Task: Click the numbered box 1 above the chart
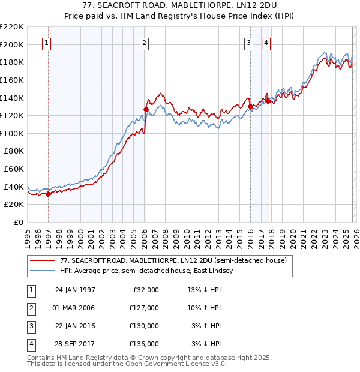click(47, 43)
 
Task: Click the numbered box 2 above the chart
click(145, 43)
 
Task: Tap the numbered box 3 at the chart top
click(249, 43)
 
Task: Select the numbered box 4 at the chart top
click(266, 43)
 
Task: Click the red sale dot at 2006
click(146, 109)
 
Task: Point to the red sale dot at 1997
click(49, 193)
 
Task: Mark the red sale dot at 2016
click(250, 106)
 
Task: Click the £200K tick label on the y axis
click(12, 44)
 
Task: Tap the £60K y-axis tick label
click(14, 169)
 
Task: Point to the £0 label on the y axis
click(19, 222)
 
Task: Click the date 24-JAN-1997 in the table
click(75, 290)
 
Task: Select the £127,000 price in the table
click(143, 308)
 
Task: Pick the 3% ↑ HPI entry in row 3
click(206, 326)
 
